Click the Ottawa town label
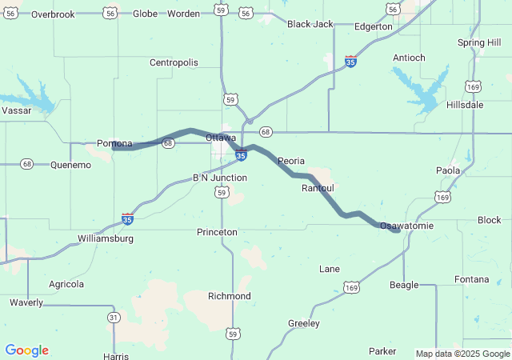pyautogui.click(x=221, y=138)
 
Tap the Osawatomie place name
pyautogui.click(x=406, y=226)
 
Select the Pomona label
pyautogui.click(x=114, y=143)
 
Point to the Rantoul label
pyautogui.click(x=318, y=188)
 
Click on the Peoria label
pyautogui.click(x=291, y=161)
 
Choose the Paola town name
pyautogui.click(x=447, y=170)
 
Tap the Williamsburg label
pyautogui.click(x=106, y=238)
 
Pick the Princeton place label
pyautogui.click(x=217, y=232)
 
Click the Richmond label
pyautogui.click(x=230, y=296)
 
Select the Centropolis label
pyautogui.click(x=174, y=62)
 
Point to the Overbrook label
pyautogui.click(x=53, y=14)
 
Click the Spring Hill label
pyautogui.click(x=479, y=42)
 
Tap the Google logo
pyautogui.click(x=26, y=350)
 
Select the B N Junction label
pyautogui.click(x=220, y=178)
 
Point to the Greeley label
pyautogui.click(x=303, y=323)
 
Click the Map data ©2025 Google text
pyautogui.click(x=462, y=354)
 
